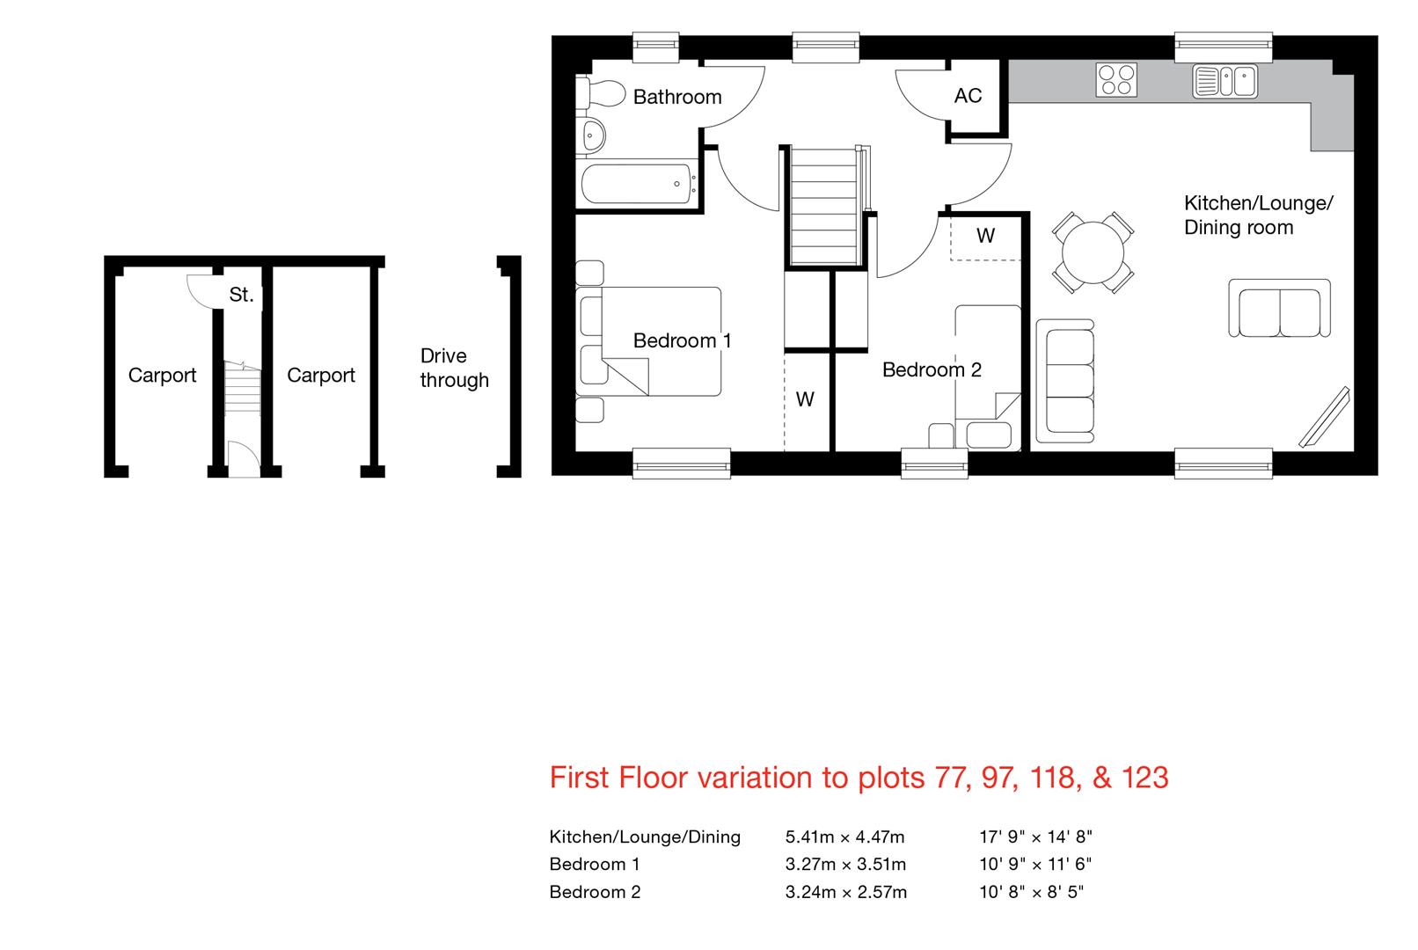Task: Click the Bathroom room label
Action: pyautogui.click(x=677, y=97)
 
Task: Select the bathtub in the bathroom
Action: pyautogui.click(x=637, y=184)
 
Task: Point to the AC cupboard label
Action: pyautogui.click(x=968, y=96)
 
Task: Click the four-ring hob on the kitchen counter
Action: pyautogui.click(x=1116, y=80)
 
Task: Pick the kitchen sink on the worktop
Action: pyautogui.click(x=1225, y=81)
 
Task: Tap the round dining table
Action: pyautogui.click(x=1093, y=252)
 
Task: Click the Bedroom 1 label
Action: pyautogui.click(x=683, y=340)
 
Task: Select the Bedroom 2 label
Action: pyautogui.click(x=932, y=369)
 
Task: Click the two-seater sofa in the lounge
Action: pyautogui.click(x=1279, y=308)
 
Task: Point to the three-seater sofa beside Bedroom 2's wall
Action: pyautogui.click(x=1065, y=381)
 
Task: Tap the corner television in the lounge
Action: pyautogui.click(x=1324, y=418)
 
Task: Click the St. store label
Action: pyautogui.click(x=241, y=295)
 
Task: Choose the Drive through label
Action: pyautogui.click(x=455, y=368)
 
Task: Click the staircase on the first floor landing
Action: pyautogui.click(x=825, y=206)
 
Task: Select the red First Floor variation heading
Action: pyautogui.click(x=859, y=778)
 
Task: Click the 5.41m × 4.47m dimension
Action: pyautogui.click(x=845, y=837)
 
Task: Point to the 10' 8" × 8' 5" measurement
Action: pyautogui.click(x=1031, y=892)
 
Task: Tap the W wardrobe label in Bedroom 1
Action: pyautogui.click(x=805, y=399)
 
